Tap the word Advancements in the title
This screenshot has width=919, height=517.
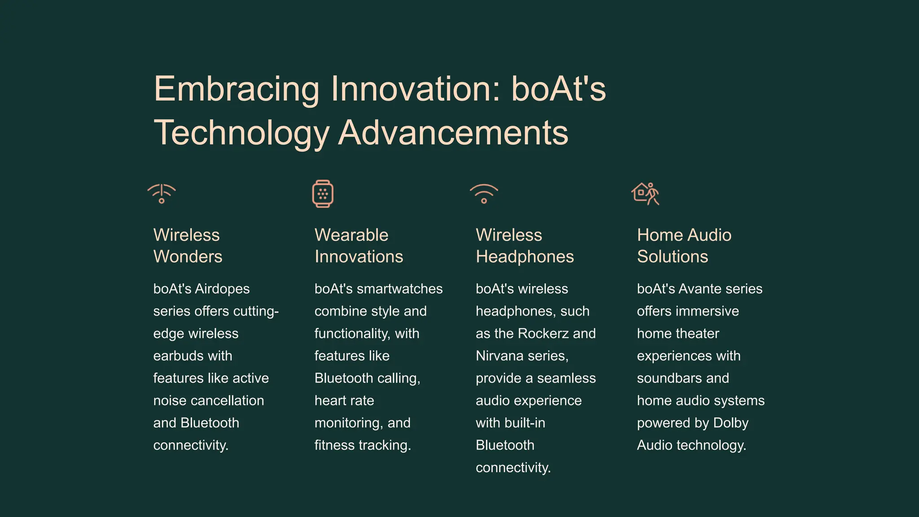(x=453, y=133)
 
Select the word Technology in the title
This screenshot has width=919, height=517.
(x=241, y=133)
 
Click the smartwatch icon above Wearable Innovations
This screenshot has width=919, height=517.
(x=323, y=193)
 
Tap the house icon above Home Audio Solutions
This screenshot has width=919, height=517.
(x=645, y=193)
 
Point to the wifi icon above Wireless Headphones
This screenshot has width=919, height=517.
(x=484, y=193)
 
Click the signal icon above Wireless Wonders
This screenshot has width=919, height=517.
(x=162, y=193)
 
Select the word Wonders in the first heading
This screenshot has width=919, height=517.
(x=188, y=257)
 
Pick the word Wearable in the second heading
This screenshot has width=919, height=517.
(x=351, y=235)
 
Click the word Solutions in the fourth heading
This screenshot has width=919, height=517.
(x=672, y=257)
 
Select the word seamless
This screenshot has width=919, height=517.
(x=566, y=378)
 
